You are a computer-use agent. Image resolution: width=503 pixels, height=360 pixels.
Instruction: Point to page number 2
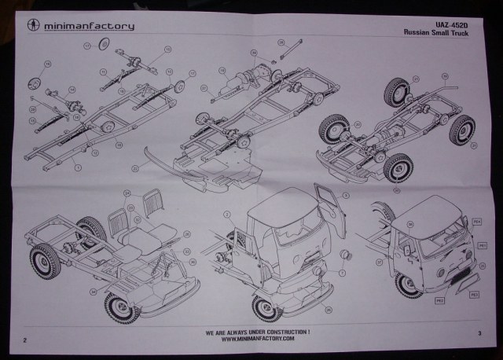[x=26, y=340]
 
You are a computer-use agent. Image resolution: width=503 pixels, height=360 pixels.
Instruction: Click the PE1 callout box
[x=484, y=246]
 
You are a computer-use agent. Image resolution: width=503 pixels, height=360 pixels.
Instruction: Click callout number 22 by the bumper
[x=135, y=167]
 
